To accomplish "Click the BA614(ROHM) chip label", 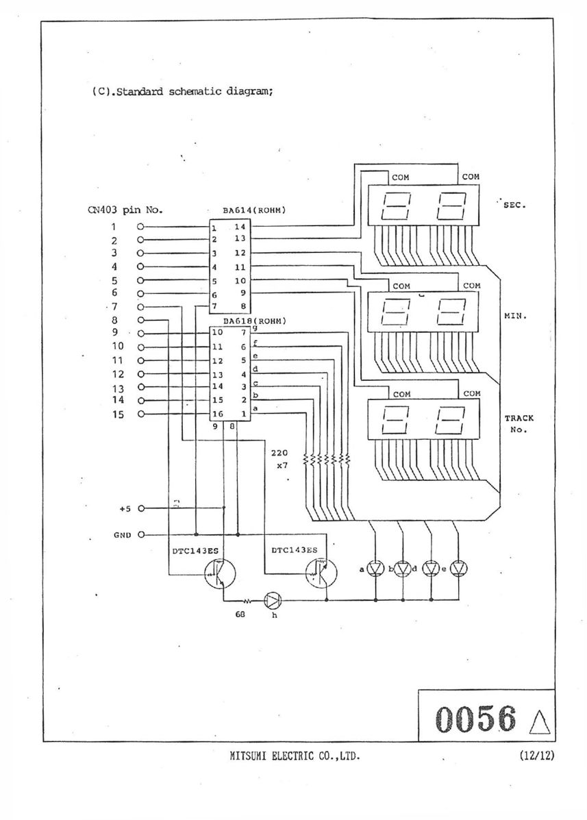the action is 254,211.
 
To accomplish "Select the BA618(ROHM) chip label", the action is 255,321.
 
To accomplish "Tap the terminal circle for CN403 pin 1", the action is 140,227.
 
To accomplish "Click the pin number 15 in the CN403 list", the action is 118,414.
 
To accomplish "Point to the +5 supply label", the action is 125,508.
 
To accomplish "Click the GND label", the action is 123,536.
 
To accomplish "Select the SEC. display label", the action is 514,205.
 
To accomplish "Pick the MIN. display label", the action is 515,316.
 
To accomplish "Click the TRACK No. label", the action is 519,424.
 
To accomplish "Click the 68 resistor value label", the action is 240,614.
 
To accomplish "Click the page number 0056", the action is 475,719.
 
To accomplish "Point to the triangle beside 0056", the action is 540,721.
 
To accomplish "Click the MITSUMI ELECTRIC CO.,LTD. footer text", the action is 295,756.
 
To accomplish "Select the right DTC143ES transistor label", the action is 295,550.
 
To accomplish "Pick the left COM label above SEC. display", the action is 401,178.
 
